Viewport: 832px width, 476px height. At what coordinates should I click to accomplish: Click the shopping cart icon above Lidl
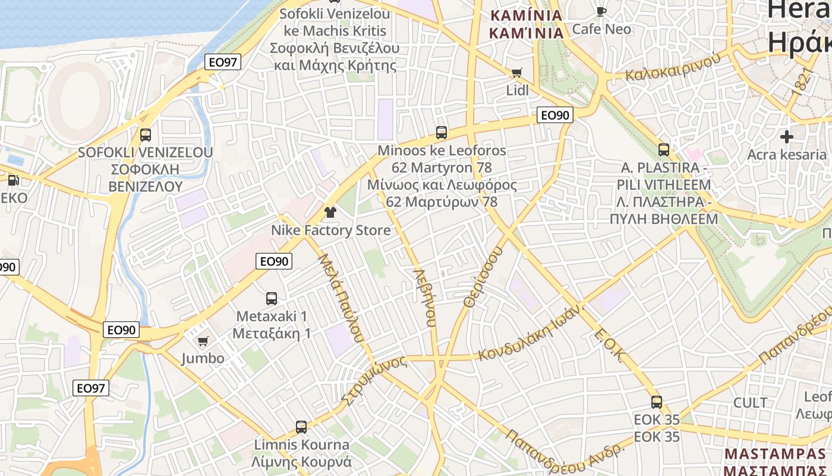[x=516, y=73]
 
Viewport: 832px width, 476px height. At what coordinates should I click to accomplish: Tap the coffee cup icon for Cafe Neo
[x=601, y=11]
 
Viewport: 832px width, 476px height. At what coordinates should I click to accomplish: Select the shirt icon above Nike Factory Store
[x=330, y=212]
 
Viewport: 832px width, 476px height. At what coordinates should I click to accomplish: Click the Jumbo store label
[x=203, y=358]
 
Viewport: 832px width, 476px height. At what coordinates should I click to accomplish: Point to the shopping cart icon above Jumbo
[x=203, y=341]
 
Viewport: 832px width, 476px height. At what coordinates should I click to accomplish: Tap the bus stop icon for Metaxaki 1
[x=272, y=299]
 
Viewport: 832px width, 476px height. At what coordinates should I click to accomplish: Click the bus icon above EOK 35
[x=657, y=402]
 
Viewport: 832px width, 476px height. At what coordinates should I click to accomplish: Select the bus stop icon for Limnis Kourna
[x=301, y=427]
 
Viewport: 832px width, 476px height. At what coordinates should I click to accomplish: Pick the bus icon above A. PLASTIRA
[x=664, y=150]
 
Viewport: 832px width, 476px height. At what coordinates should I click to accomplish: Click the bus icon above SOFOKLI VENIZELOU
[x=146, y=135]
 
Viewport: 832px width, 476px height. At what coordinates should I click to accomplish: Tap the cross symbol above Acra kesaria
[x=787, y=137]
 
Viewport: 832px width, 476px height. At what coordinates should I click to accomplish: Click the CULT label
[x=751, y=403]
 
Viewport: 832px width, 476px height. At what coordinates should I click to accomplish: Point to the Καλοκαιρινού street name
[x=673, y=67]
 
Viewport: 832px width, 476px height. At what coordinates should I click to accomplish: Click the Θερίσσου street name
[x=483, y=277]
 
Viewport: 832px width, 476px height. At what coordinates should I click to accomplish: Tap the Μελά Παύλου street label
[x=341, y=297]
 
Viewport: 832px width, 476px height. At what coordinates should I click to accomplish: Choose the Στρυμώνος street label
[x=373, y=379]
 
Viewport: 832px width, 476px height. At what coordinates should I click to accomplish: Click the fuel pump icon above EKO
[x=12, y=180]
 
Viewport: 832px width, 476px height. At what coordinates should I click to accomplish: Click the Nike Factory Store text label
[x=331, y=230]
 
